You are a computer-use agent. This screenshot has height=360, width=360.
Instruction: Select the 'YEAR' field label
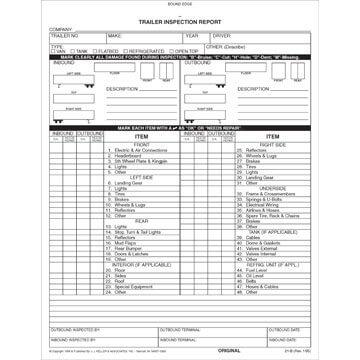tap(190, 35)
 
